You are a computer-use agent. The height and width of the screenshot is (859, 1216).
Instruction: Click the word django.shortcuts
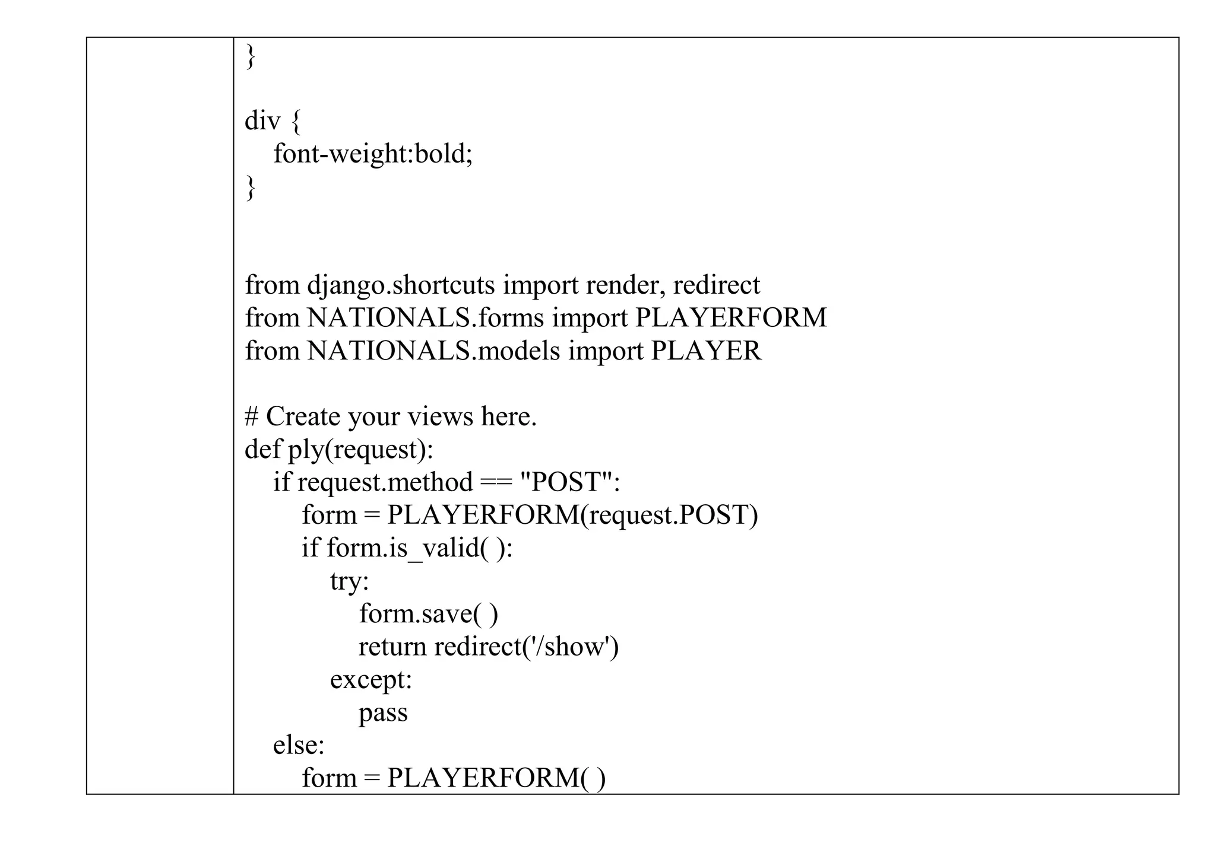401,285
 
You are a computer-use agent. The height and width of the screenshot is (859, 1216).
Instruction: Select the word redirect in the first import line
716,285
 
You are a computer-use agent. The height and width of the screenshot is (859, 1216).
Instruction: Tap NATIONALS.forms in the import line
425,318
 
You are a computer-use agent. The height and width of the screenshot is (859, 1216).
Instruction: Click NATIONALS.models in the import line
433,351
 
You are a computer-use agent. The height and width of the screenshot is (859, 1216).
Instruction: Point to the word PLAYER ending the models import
706,351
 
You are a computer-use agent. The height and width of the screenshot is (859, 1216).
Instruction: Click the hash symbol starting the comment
251,417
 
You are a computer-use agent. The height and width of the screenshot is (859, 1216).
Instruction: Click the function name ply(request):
360,450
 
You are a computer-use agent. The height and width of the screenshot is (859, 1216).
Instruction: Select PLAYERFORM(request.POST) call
572,515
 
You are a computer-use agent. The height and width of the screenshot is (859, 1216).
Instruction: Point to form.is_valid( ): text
419,548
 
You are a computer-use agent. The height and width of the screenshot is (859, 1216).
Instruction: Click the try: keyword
350,581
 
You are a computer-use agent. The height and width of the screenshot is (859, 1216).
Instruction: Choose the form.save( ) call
428,613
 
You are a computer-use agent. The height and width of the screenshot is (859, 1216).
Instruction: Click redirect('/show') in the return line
526,647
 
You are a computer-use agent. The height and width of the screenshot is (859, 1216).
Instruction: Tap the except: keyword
371,679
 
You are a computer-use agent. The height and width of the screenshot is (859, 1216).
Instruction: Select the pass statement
383,712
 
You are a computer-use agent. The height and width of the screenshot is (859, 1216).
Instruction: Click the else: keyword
299,745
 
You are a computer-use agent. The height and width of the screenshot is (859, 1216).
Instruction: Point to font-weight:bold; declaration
373,154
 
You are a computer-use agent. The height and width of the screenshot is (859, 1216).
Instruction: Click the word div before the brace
262,121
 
